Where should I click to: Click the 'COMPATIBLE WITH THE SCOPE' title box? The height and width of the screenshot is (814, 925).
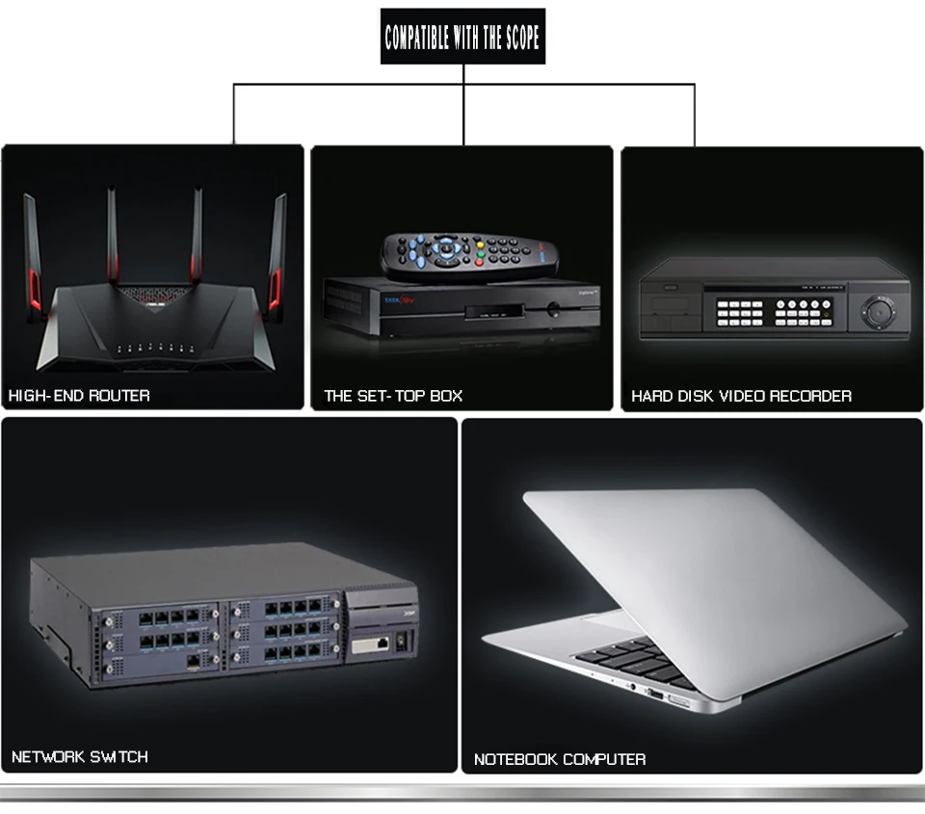coord(463,36)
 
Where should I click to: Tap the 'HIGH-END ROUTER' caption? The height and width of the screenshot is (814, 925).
coord(79,395)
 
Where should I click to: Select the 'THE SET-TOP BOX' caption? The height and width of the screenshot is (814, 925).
coord(393,396)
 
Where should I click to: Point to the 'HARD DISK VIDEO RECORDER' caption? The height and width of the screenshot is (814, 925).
coord(742,396)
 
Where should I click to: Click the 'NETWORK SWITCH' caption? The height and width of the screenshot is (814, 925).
coord(80,757)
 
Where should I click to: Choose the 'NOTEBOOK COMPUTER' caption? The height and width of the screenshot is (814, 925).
coord(560,759)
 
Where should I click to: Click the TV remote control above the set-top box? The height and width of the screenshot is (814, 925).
coord(469,254)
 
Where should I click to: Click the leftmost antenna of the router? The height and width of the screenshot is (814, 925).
coord(33,256)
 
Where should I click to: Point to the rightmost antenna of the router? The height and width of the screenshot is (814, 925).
coord(277,256)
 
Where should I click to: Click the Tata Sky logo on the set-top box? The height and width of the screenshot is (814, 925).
coord(399,301)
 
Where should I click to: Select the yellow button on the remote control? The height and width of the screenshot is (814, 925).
coord(480,245)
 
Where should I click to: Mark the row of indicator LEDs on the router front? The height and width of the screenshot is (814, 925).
coord(155,348)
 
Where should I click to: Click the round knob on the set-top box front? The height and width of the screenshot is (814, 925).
coord(553,308)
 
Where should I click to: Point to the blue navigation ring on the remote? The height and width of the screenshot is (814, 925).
coord(446,249)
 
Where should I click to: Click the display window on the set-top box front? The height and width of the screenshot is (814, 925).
coord(493,312)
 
